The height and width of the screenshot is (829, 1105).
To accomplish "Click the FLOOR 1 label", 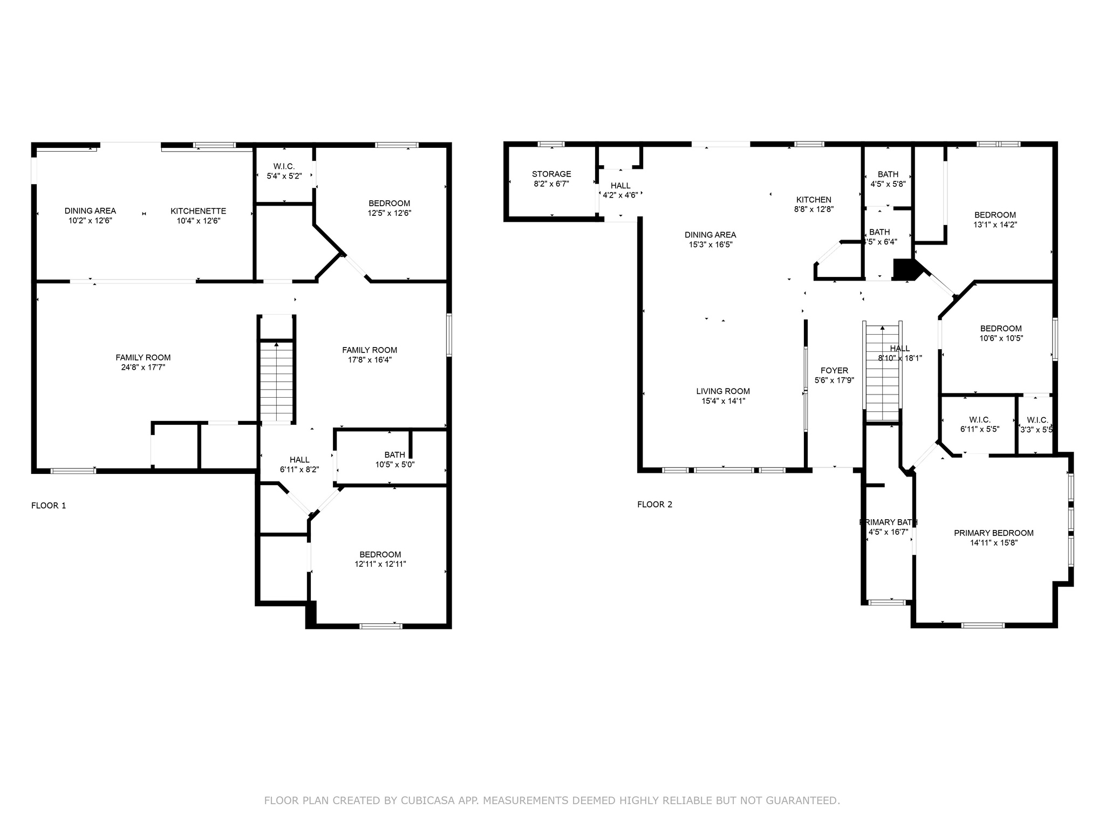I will point(49,506).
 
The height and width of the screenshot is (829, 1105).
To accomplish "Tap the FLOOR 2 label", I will point(654,505).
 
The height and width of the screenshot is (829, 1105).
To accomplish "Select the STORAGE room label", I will point(551,174).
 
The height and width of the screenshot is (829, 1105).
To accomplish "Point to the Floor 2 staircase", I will point(882,372).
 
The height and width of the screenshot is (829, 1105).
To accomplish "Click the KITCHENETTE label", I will point(198,211).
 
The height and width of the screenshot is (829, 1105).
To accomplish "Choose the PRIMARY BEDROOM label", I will point(993,533).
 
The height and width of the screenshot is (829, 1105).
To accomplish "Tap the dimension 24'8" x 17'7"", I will point(143,367).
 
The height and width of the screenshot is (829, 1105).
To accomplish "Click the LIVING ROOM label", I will point(722,391).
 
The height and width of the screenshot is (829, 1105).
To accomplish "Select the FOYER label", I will point(834,370).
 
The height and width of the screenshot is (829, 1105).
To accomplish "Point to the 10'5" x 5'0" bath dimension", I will point(395,465).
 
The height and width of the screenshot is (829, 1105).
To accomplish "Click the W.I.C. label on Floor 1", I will point(284,166).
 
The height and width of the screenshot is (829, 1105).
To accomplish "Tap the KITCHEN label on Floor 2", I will point(814,200).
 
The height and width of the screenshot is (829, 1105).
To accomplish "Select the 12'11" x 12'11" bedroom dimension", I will point(380,564).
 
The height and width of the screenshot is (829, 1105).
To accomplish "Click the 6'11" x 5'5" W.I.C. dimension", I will point(979,430).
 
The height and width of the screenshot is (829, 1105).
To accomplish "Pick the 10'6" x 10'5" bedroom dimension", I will point(1001,338).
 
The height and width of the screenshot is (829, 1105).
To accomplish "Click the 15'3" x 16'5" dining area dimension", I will point(710,244).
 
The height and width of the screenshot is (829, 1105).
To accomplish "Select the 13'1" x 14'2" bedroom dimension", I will point(995,225).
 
